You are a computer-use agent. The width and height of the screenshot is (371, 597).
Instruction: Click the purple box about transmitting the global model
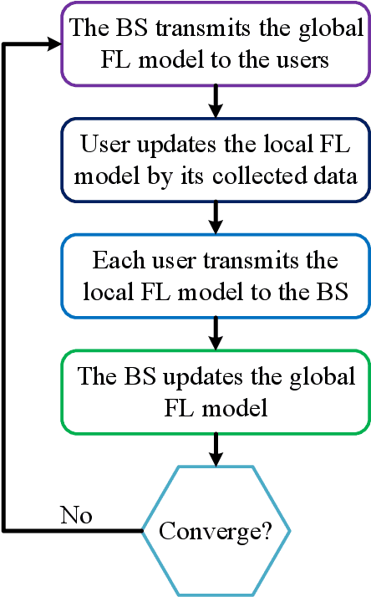click(x=216, y=43)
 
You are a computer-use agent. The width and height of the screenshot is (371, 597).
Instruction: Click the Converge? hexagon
click(x=216, y=532)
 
